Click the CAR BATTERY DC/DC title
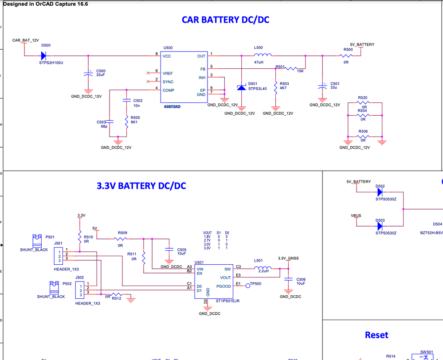pos(225,20)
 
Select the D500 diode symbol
pos(43,56)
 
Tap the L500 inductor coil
pos(263,55)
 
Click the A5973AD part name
pos(172,106)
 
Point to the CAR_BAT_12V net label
pos(25,40)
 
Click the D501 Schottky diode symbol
pos(241,88)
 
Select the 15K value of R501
pos(300,71)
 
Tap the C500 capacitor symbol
pos(88,74)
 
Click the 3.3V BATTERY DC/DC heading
pos(141,186)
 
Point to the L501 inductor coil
pos(263,269)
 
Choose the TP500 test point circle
pos(248,286)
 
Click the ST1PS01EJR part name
pos(227,301)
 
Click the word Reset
pos(376,335)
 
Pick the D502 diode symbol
pos(380,192)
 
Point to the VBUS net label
pos(356,216)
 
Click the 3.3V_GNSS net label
pos(288,258)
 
